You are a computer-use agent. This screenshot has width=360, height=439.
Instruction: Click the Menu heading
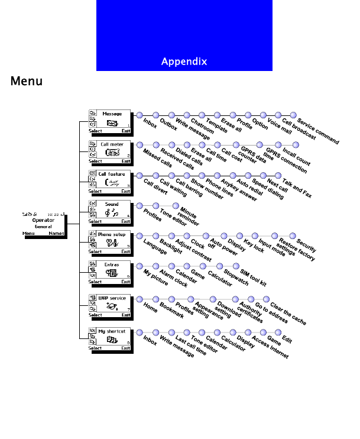(x=27, y=81)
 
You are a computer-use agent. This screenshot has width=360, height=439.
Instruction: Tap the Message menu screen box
(x=109, y=122)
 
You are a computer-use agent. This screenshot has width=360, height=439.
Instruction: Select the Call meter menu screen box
(x=109, y=152)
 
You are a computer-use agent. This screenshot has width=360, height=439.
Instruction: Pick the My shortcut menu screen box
(x=109, y=340)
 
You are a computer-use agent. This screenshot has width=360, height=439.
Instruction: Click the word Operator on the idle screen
(x=43, y=220)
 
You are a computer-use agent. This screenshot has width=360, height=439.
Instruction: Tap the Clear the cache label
(x=288, y=314)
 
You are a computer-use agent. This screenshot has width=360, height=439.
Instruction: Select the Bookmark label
(x=172, y=311)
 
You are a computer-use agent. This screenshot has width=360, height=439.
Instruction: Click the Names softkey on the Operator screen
(x=57, y=233)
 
